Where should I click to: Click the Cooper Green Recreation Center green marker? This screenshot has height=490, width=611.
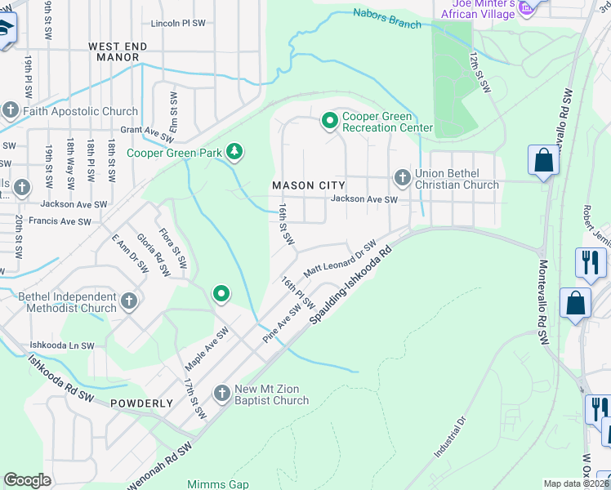point(330,122)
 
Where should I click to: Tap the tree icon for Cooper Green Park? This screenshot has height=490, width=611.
point(235,151)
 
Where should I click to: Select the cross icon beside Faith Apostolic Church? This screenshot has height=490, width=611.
point(11,110)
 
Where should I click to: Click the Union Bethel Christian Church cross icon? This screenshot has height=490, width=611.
point(402,177)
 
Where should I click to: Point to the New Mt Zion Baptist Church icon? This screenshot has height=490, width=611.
point(221,394)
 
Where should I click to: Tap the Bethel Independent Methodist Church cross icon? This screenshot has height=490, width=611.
point(128,302)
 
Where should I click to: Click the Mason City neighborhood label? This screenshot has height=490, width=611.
point(308,185)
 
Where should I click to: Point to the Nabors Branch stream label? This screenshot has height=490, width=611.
point(387,18)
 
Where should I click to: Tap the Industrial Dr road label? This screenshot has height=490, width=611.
point(449,437)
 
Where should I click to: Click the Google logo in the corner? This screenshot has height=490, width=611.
point(28,480)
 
